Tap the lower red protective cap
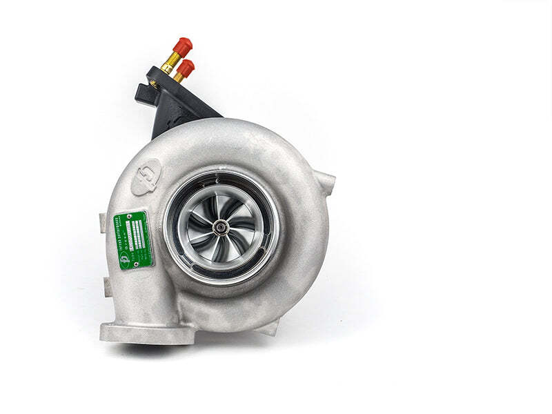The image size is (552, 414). pos(186,67)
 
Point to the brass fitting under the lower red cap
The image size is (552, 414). pos(178,77)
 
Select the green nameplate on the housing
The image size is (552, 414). pos(133,240)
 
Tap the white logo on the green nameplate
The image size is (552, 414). pos(125,260)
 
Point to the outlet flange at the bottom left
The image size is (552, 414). pos(146,333)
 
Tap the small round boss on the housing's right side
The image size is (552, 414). pos(326,183)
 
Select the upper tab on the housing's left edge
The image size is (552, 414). pos(103,221)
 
